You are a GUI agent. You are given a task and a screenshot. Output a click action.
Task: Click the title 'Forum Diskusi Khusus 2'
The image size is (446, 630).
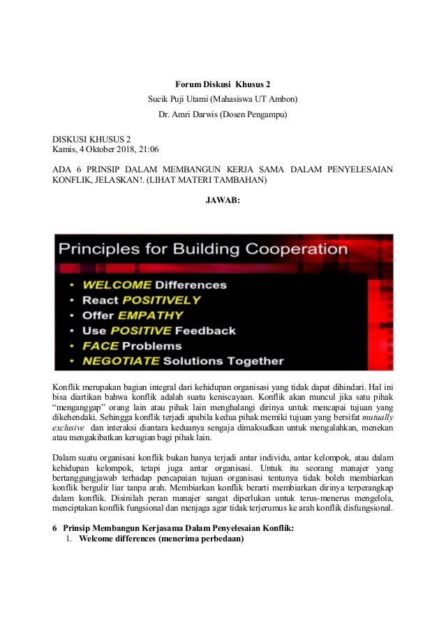[223, 84]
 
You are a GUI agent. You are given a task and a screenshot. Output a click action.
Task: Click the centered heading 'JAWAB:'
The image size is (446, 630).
[223, 201]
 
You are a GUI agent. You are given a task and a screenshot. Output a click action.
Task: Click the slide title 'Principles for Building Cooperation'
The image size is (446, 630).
[202, 249]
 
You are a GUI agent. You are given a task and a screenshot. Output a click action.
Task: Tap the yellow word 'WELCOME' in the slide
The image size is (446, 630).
[117, 285]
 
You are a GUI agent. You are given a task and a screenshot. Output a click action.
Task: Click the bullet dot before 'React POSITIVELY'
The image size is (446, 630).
[73, 301]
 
